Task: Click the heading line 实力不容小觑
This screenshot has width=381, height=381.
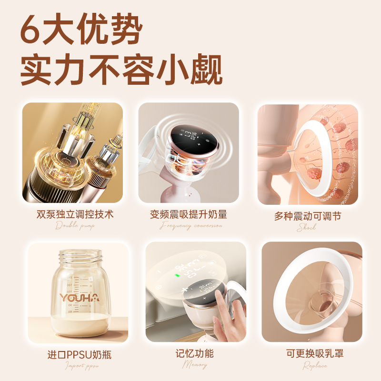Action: tap(121, 70)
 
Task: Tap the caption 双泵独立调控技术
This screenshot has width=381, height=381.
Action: tap(75, 214)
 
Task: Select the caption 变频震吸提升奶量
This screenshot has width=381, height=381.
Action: tap(189, 214)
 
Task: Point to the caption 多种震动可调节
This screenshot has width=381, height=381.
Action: tap(307, 216)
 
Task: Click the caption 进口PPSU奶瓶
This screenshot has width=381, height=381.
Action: tap(80, 354)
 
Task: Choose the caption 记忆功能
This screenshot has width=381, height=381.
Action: tap(195, 353)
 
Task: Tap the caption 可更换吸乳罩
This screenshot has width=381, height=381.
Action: tap(315, 353)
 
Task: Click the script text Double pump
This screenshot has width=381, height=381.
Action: tap(75, 226)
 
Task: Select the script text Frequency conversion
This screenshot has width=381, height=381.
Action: tap(190, 226)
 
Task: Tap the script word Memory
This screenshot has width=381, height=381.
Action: tap(195, 365)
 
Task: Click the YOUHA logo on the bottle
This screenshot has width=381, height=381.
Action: tap(79, 298)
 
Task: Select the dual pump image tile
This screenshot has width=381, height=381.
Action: tap(72, 152)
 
